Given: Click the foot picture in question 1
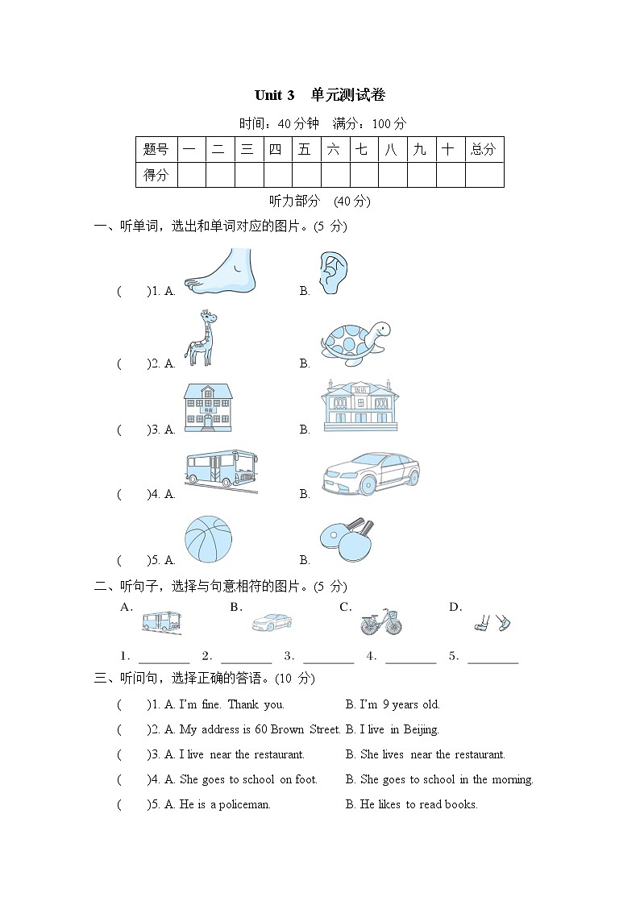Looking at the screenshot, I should click(x=219, y=270).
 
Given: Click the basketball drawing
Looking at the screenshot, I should click(x=208, y=540).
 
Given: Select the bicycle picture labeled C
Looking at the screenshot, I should click(x=380, y=621).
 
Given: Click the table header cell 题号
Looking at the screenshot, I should click(x=156, y=149).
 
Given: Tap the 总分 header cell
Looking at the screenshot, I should click(x=484, y=149).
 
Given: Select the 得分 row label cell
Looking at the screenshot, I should click(x=156, y=174).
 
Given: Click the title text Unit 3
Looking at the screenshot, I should click(x=274, y=95).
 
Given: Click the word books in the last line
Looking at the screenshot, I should click(x=463, y=804).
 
